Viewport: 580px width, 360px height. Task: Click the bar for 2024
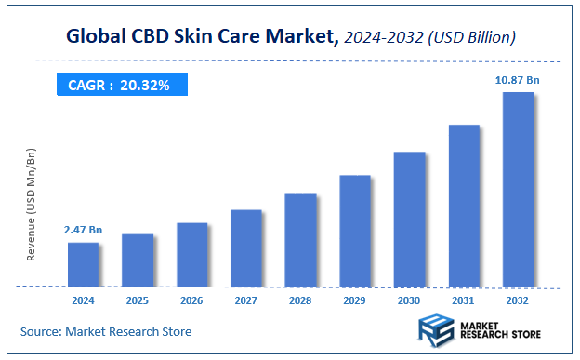pyautogui.click(x=83, y=264)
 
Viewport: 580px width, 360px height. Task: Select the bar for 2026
pyautogui.click(x=191, y=254)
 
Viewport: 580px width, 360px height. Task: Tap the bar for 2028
pyautogui.click(x=300, y=240)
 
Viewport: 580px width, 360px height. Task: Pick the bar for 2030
pyautogui.click(x=409, y=219)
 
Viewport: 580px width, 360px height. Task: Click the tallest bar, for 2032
pyautogui.click(x=518, y=189)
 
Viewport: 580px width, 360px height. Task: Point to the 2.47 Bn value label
pyautogui.click(x=83, y=229)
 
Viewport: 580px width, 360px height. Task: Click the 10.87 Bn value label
pyautogui.click(x=518, y=81)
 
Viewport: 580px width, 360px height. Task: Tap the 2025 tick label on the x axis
pyautogui.click(x=138, y=301)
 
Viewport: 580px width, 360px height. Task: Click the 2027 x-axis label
pyautogui.click(x=246, y=301)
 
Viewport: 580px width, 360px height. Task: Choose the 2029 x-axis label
pyautogui.click(x=355, y=301)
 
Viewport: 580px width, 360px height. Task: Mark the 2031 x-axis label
pyautogui.click(x=464, y=301)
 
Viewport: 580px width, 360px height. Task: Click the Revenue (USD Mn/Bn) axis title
pyautogui.click(x=32, y=204)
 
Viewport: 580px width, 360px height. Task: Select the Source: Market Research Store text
pyautogui.click(x=105, y=331)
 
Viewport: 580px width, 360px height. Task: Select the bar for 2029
pyautogui.click(x=355, y=230)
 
